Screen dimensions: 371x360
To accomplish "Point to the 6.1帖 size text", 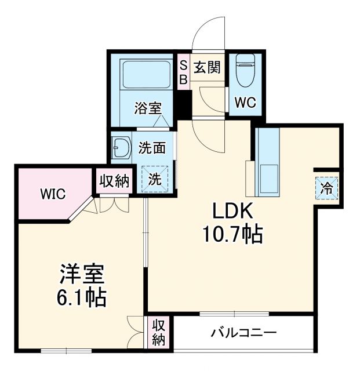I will [x=81, y=297].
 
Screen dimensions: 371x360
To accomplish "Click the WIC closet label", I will [x=52, y=193].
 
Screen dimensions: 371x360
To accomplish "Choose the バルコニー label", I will [x=243, y=333].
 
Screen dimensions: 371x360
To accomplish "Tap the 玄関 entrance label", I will [x=207, y=68].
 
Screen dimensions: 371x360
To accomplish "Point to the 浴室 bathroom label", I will [x=148, y=108].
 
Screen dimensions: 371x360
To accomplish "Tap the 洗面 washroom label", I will [x=152, y=148].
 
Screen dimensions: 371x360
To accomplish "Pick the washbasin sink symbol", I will [x=121, y=148].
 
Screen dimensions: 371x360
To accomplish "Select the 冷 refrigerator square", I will [x=327, y=187].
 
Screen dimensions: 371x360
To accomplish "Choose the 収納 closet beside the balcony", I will [x=159, y=333].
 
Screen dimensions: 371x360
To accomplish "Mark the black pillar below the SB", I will [x=184, y=103].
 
